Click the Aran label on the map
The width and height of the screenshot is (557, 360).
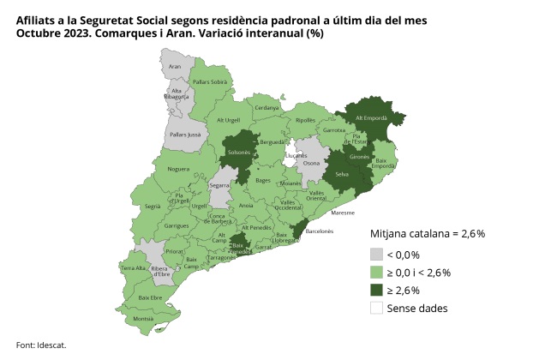click(175, 66)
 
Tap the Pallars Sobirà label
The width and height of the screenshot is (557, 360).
click(210, 82)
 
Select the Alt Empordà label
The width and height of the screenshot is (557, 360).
click(372, 117)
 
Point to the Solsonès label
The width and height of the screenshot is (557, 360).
click(238, 153)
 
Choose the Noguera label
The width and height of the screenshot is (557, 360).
click(178, 170)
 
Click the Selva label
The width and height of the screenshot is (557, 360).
click(342, 174)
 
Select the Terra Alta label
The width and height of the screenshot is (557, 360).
click(133, 268)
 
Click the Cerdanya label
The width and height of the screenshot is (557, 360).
click(267, 108)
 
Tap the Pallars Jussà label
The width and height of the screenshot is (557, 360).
click(183, 135)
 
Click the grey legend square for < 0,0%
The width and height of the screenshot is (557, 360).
click(376, 255)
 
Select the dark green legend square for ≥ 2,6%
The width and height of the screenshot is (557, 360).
click(376, 290)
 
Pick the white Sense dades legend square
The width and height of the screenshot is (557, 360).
click(376, 308)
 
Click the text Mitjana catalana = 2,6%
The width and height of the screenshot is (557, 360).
click(428, 233)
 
